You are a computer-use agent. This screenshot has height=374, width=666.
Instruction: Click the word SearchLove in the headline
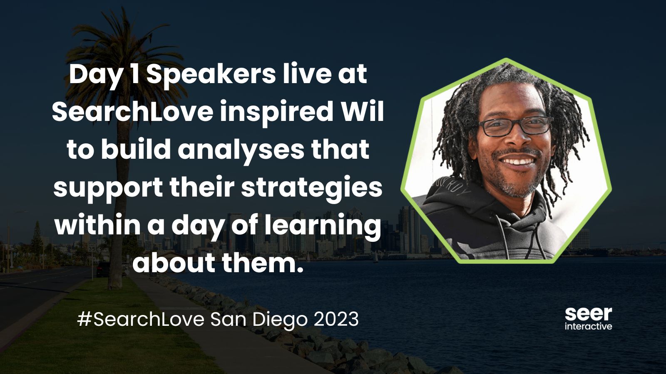point(133,112)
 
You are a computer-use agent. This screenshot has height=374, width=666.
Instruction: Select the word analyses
point(241,150)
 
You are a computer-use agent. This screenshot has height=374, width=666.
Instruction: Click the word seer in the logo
point(589,314)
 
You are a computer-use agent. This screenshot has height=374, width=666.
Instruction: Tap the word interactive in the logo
point(589,326)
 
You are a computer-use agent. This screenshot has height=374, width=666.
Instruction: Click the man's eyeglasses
point(516,126)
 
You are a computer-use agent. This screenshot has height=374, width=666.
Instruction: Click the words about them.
point(218,263)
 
